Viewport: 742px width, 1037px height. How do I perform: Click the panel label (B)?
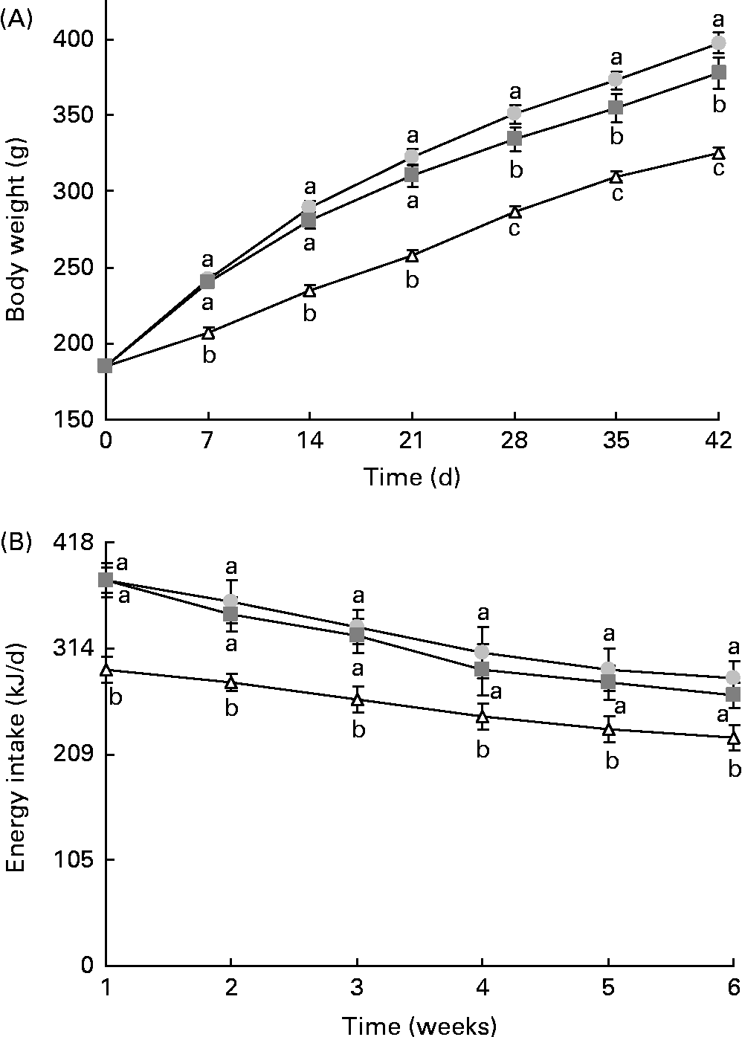[18, 542]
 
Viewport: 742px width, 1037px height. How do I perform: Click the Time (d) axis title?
[411, 477]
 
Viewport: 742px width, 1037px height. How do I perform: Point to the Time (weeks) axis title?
[419, 1027]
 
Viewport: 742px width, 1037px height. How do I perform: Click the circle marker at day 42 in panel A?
[718, 42]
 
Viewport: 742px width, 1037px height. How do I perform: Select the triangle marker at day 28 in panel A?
[514, 212]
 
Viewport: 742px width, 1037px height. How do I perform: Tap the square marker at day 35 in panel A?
[616, 108]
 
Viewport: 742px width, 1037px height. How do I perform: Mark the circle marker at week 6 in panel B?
[733, 677]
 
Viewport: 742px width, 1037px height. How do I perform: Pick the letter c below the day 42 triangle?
[718, 170]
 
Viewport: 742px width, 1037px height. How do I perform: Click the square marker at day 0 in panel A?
[105, 365]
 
